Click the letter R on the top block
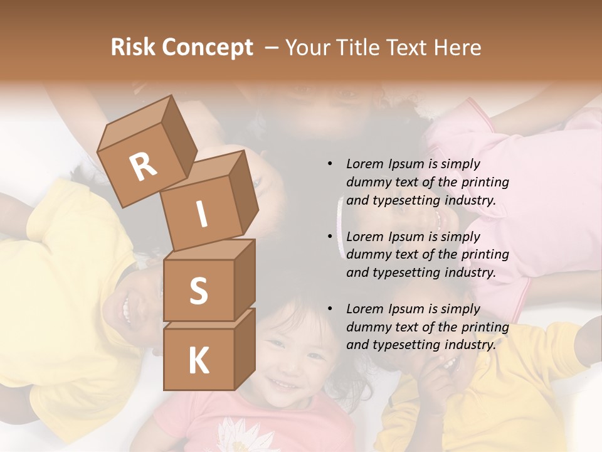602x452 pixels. pos(143,167)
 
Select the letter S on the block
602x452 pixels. pos(198,291)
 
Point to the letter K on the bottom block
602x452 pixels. pos(198,361)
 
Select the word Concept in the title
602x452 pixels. pos(207,48)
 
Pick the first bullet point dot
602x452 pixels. pos(330,164)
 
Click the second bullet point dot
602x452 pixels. pos(330,237)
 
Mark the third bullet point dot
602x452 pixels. pos(330,309)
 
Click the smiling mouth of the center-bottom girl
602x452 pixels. pos(285,383)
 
